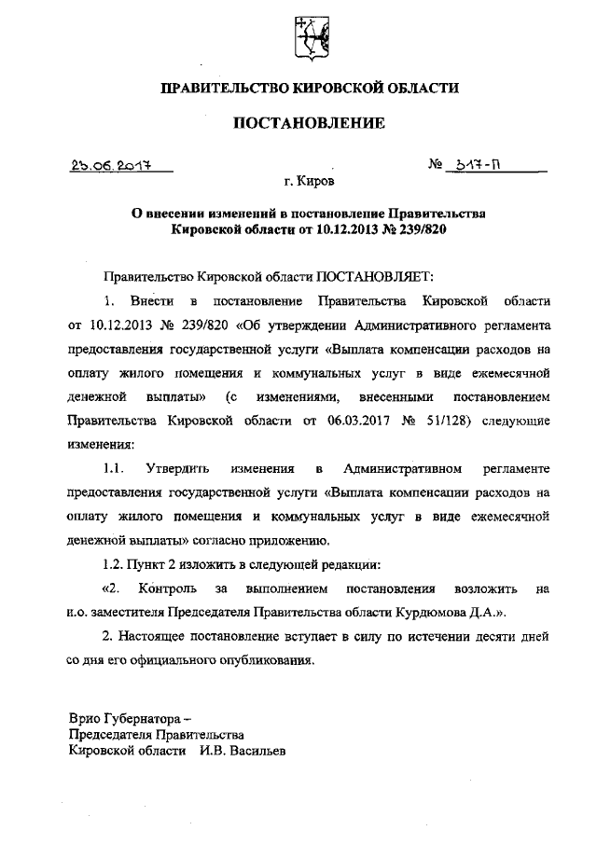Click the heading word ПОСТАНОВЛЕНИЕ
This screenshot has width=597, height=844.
309,122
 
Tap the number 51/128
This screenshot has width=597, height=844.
433,419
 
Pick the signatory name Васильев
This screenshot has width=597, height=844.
255,751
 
